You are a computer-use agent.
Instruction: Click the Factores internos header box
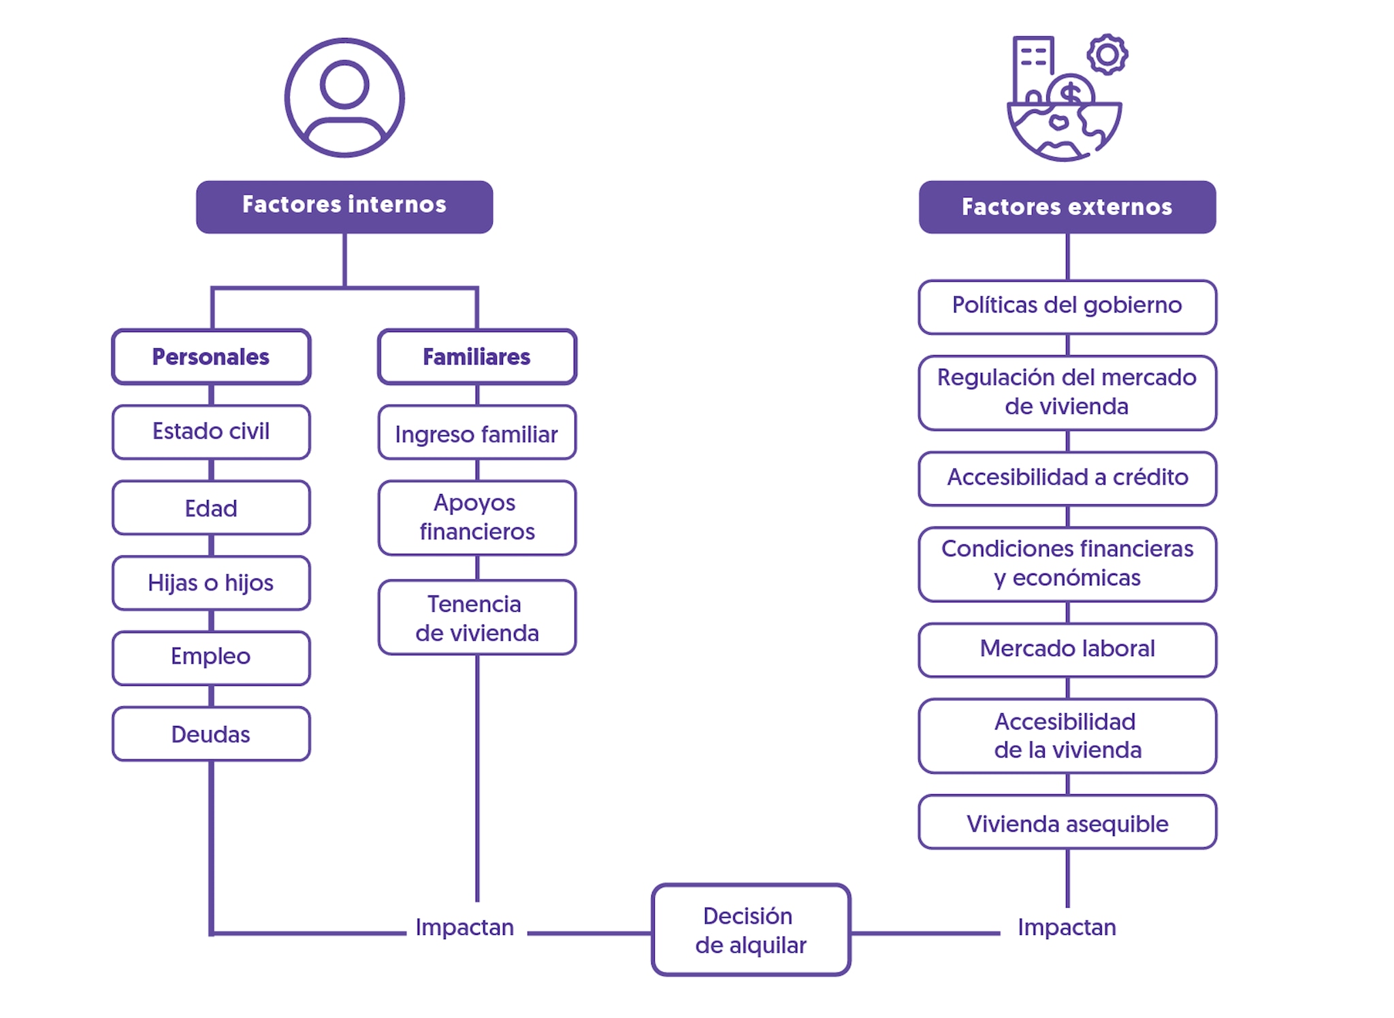click(x=344, y=206)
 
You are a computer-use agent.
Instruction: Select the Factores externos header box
click(x=1067, y=207)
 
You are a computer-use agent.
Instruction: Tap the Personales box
click(x=211, y=357)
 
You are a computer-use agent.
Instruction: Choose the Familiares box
click(x=476, y=357)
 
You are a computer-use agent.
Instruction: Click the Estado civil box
click(x=211, y=431)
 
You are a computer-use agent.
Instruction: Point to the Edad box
click(x=211, y=508)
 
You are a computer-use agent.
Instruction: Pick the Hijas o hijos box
click(x=211, y=582)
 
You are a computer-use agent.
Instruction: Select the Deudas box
click(x=211, y=734)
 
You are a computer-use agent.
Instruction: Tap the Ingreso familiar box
click(x=476, y=433)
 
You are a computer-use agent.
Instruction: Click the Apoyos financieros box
click(x=476, y=517)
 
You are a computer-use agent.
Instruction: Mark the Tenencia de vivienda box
click(x=476, y=617)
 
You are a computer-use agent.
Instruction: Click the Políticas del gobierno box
click(x=1067, y=306)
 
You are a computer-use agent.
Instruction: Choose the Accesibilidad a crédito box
click(x=1067, y=478)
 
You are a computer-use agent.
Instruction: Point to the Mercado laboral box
click(x=1067, y=649)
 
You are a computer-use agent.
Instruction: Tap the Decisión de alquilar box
click(x=751, y=930)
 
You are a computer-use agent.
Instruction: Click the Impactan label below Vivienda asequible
click(x=1067, y=927)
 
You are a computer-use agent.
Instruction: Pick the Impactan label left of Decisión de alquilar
click(x=465, y=927)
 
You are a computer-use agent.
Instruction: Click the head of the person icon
click(x=344, y=84)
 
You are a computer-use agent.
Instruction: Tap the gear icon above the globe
click(x=1107, y=54)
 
